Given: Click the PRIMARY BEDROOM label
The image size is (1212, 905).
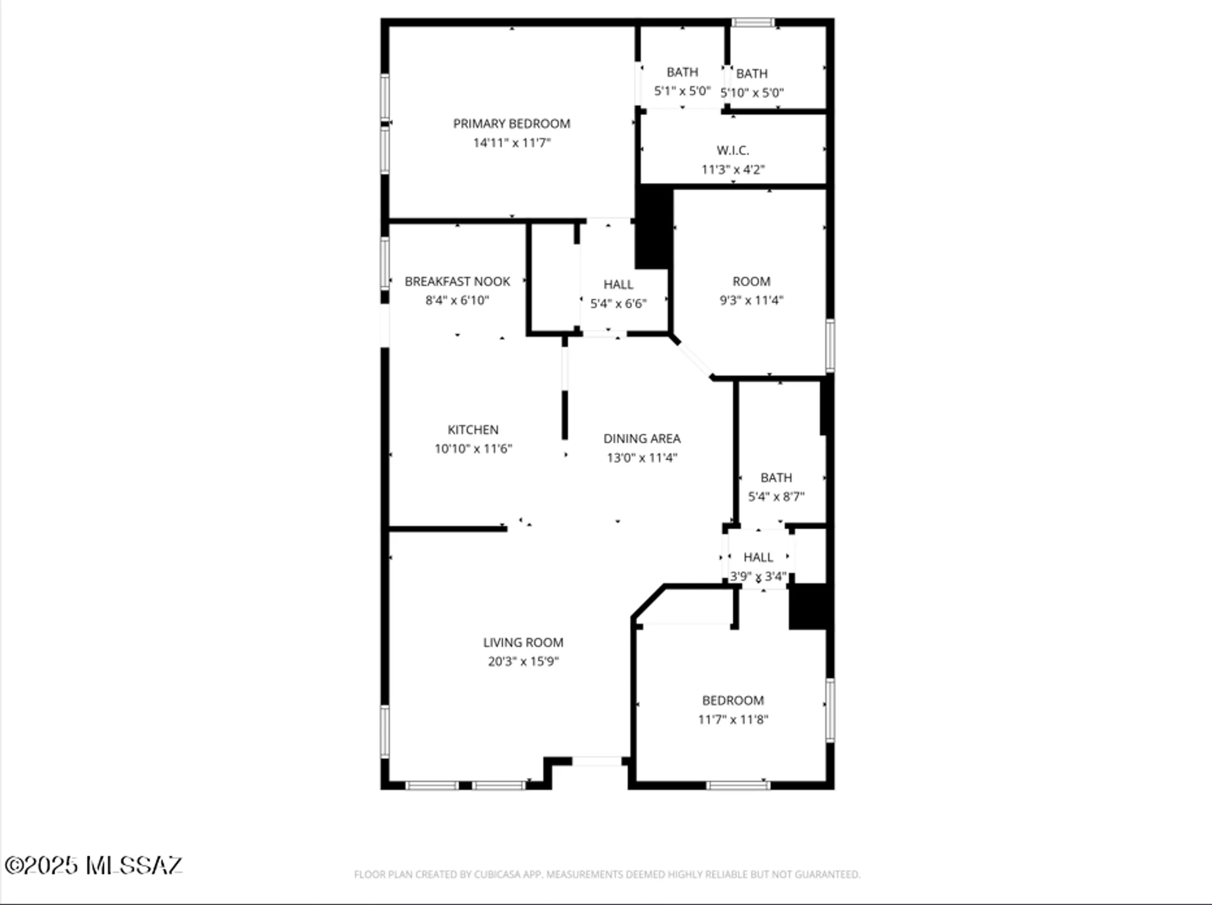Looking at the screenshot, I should pyautogui.click(x=511, y=124).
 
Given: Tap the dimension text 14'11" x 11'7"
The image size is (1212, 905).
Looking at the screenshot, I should pyautogui.click(x=511, y=143).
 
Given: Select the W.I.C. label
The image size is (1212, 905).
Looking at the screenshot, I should pyautogui.click(x=733, y=150).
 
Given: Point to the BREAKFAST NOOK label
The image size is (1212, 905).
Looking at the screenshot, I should pyautogui.click(x=457, y=281).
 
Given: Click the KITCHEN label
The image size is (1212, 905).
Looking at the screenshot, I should pyautogui.click(x=473, y=429).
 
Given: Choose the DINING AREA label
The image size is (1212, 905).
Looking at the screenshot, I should pyautogui.click(x=642, y=439).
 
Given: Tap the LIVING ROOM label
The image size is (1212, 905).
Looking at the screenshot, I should pyautogui.click(x=523, y=642).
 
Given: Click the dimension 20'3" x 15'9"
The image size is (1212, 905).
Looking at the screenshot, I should pyautogui.click(x=523, y=661).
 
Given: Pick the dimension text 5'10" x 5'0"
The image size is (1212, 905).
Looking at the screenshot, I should pyautogui.click(x=751, y=93).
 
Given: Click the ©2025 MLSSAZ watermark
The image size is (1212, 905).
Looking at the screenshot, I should pyautogui.click(x=93, y=865).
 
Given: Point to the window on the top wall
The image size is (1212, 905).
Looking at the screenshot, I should pyautogui.click(x=752, y=22).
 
